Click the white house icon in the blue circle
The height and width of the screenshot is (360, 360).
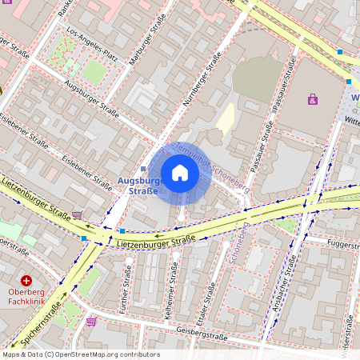[180, 173]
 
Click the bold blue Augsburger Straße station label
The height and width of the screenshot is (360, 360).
[140, 187]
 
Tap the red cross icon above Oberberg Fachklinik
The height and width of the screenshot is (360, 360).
[26, 281]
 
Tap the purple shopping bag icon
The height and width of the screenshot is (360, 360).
[312, 99]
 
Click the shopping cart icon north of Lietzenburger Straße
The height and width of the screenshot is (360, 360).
[78, 214]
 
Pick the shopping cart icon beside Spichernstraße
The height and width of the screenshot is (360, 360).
[91, 321]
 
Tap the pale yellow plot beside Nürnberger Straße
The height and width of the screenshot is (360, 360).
[226, 118]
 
